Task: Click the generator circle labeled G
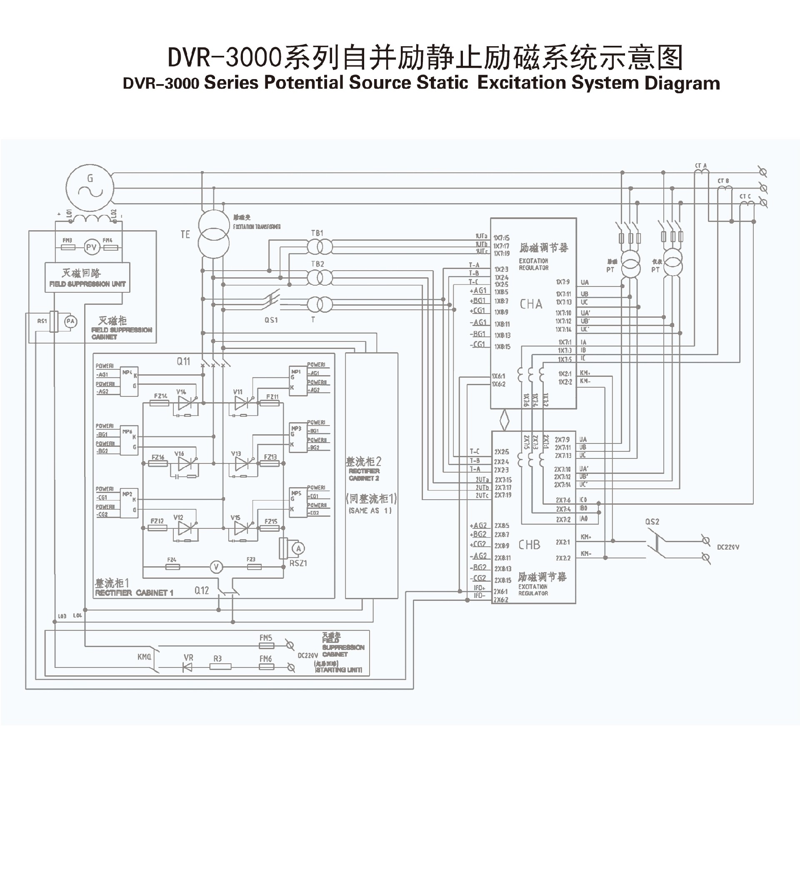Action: (90, 187)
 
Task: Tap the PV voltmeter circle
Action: (91, 248)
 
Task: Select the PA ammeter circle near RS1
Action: (70, 321)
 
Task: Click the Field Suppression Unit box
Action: (87, 277)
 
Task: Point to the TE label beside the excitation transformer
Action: (185, 234)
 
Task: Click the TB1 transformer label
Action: (317, 233)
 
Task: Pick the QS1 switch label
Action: (271, 320)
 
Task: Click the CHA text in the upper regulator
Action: (531, 304)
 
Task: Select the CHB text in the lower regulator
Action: (529, 545)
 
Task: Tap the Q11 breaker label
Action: (183, 361)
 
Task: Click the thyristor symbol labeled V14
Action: (186, 403)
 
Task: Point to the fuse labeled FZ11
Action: (270, 403)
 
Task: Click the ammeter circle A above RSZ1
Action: (298, 548)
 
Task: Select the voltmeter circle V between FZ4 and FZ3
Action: (216, 567)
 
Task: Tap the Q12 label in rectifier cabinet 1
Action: (202, 590)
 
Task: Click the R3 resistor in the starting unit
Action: (220, 667)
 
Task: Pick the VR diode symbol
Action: (188, 667)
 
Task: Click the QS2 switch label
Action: (652, 522)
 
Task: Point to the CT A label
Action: (701, 166)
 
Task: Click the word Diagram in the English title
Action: (682, 83)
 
